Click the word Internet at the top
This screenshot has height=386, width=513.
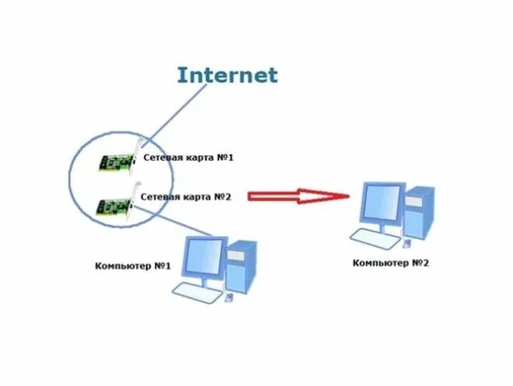pos(226,75)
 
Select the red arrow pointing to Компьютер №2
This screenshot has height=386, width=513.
pos(299,196)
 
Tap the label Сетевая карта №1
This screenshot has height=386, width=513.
pos(188,158)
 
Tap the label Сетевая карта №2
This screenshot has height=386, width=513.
pos(187,196)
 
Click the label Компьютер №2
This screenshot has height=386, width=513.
pos(390,263)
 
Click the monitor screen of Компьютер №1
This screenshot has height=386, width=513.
pos(201,257)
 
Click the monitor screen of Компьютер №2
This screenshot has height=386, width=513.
pos(381,204)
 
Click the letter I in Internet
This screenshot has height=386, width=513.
pos(181,75)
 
